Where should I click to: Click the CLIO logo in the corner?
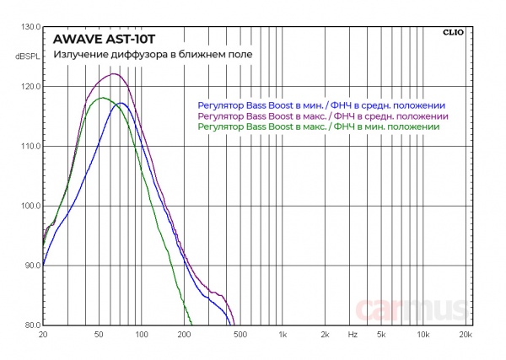coord(452,33)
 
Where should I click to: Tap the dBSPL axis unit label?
coord(28,56)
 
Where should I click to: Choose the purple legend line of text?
coord(321,116)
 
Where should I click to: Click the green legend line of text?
coord(318,126)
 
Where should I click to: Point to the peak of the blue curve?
coord(121,103)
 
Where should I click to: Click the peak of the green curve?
coord(102,98)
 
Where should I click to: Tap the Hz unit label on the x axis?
coord(352,335)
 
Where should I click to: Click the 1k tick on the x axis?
coord(283,335)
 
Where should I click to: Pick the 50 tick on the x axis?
coord(99,335)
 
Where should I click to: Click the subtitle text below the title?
coord(152,56)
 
